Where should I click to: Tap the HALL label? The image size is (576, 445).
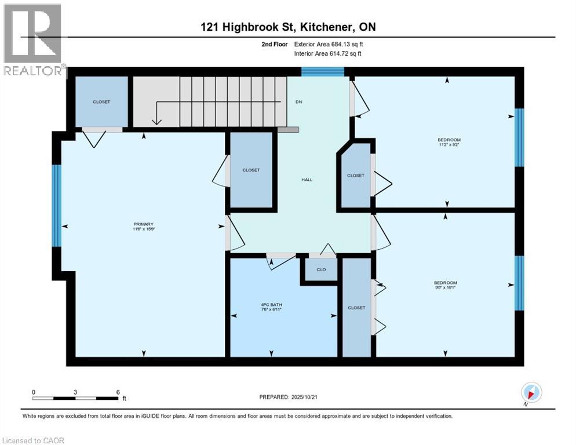click(307, 180)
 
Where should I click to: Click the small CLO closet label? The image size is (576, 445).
click(321, 269)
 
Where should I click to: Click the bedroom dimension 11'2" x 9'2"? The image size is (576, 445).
click(449, 146)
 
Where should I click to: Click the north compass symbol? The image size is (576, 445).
click(531, 392)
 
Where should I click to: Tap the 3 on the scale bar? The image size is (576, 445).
click(75, 392)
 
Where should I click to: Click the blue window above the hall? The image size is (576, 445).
click(323, 72)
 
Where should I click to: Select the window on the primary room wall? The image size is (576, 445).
click(56, 206)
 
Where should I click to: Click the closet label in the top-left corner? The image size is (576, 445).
click(101, 102)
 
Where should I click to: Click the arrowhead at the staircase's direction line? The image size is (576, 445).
click(155, 121)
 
